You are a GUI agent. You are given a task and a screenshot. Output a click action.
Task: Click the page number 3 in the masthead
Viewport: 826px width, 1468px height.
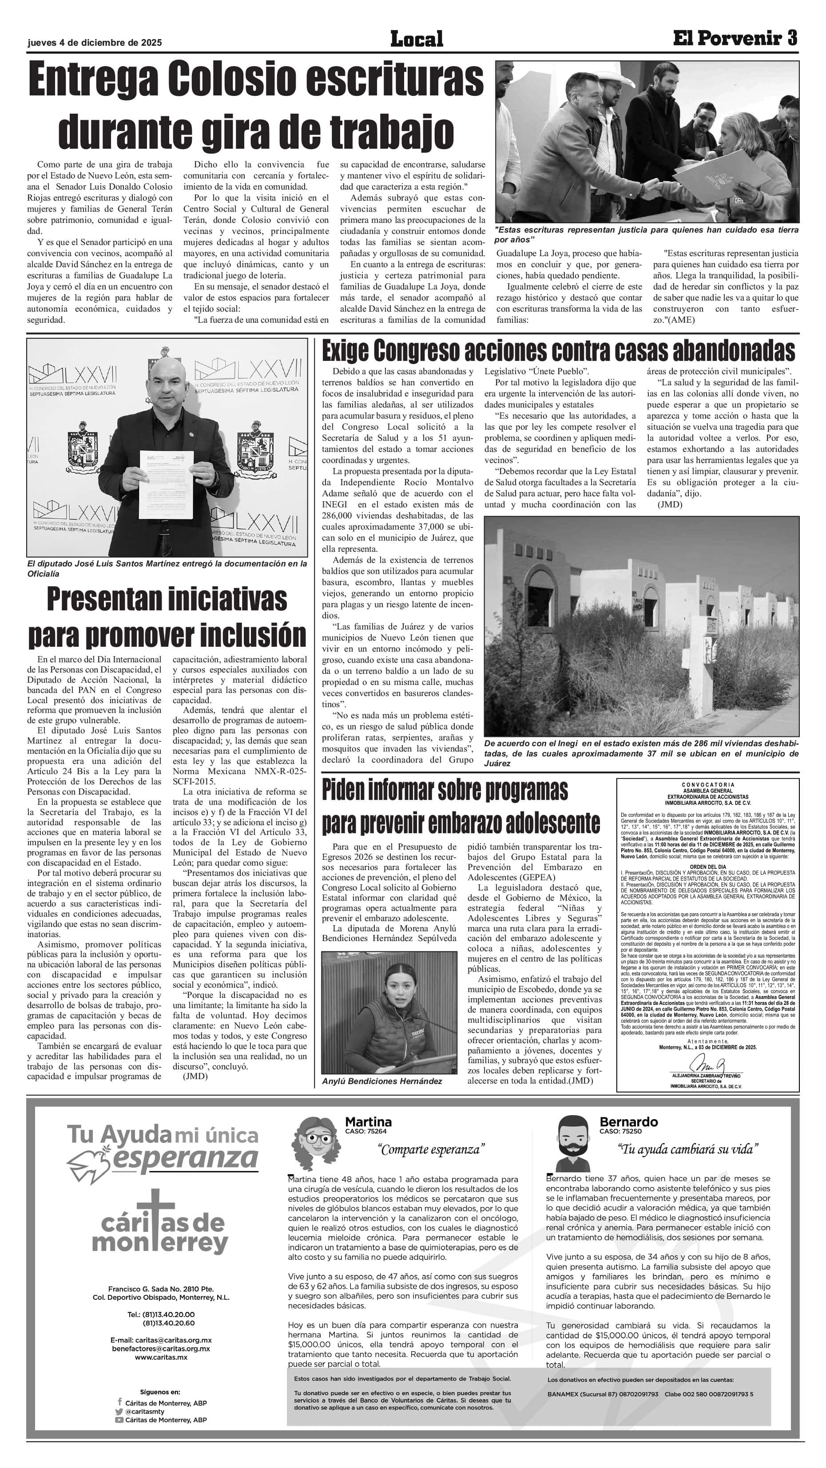tap(790, 38)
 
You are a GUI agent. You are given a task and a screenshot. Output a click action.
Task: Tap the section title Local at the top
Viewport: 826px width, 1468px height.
tap(416, 40)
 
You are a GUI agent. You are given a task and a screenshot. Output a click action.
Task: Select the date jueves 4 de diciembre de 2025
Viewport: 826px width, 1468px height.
tap(95, 43)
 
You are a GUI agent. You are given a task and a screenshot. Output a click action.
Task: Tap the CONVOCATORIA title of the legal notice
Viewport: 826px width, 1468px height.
tap(708, 785)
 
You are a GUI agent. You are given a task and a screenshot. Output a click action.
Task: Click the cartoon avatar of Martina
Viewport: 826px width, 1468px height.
tap(315, 1142)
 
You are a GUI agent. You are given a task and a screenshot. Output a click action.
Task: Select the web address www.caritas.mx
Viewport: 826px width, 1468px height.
tap(161, 1357)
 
